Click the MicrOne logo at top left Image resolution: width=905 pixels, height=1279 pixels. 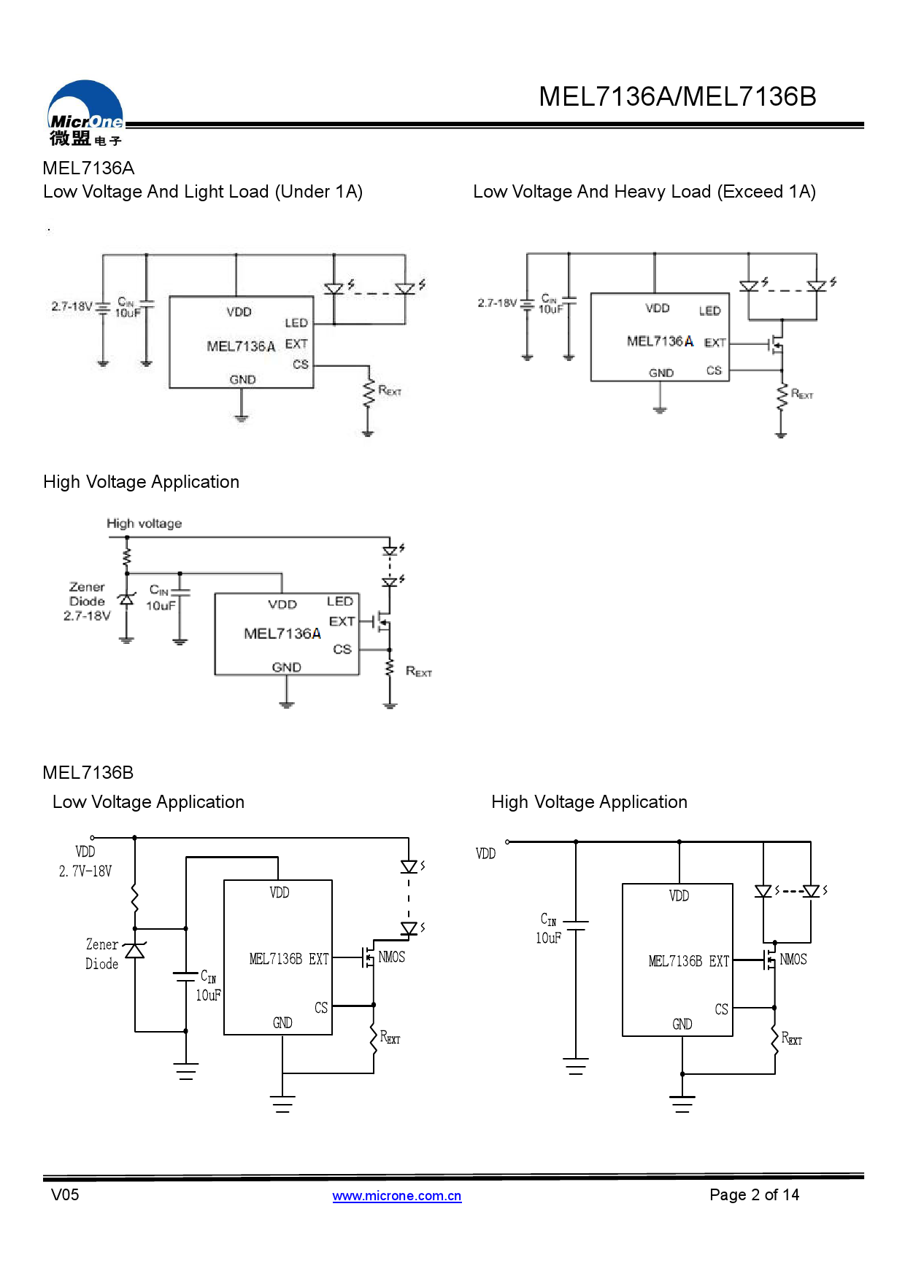click(85, 114)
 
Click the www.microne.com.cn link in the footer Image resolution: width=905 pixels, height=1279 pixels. click(396, 1196)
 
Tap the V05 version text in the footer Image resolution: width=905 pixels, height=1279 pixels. click(65, 1194)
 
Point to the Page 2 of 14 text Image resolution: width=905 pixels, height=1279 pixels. click(754, 1194)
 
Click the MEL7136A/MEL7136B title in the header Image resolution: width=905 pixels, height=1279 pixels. click(677, 97)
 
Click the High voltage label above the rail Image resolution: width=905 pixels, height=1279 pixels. click(144, 524)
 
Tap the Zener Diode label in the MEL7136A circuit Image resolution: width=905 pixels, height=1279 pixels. click(87, 594)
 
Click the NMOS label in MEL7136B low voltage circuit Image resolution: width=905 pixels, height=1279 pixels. click(391, 957)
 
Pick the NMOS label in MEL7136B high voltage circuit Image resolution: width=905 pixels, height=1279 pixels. click(793, 960)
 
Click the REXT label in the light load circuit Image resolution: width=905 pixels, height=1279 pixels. click(390, 391)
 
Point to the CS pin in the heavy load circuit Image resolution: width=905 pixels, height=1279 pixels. click(714, 370)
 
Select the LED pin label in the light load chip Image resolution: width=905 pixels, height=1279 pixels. click(296, 322)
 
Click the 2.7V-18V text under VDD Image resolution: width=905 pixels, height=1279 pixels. click(85, 871)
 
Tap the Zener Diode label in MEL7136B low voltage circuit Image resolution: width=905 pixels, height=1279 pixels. click(101, 954)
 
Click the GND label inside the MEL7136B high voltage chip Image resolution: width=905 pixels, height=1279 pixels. click(682, 1025)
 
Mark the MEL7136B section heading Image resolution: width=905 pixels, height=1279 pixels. click(88, 773)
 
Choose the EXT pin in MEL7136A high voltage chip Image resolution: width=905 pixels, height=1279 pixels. click(342, 621)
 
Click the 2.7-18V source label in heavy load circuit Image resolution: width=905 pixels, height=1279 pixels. click(497, 303)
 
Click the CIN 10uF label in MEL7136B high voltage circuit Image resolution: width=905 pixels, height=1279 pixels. click(548, 928)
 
